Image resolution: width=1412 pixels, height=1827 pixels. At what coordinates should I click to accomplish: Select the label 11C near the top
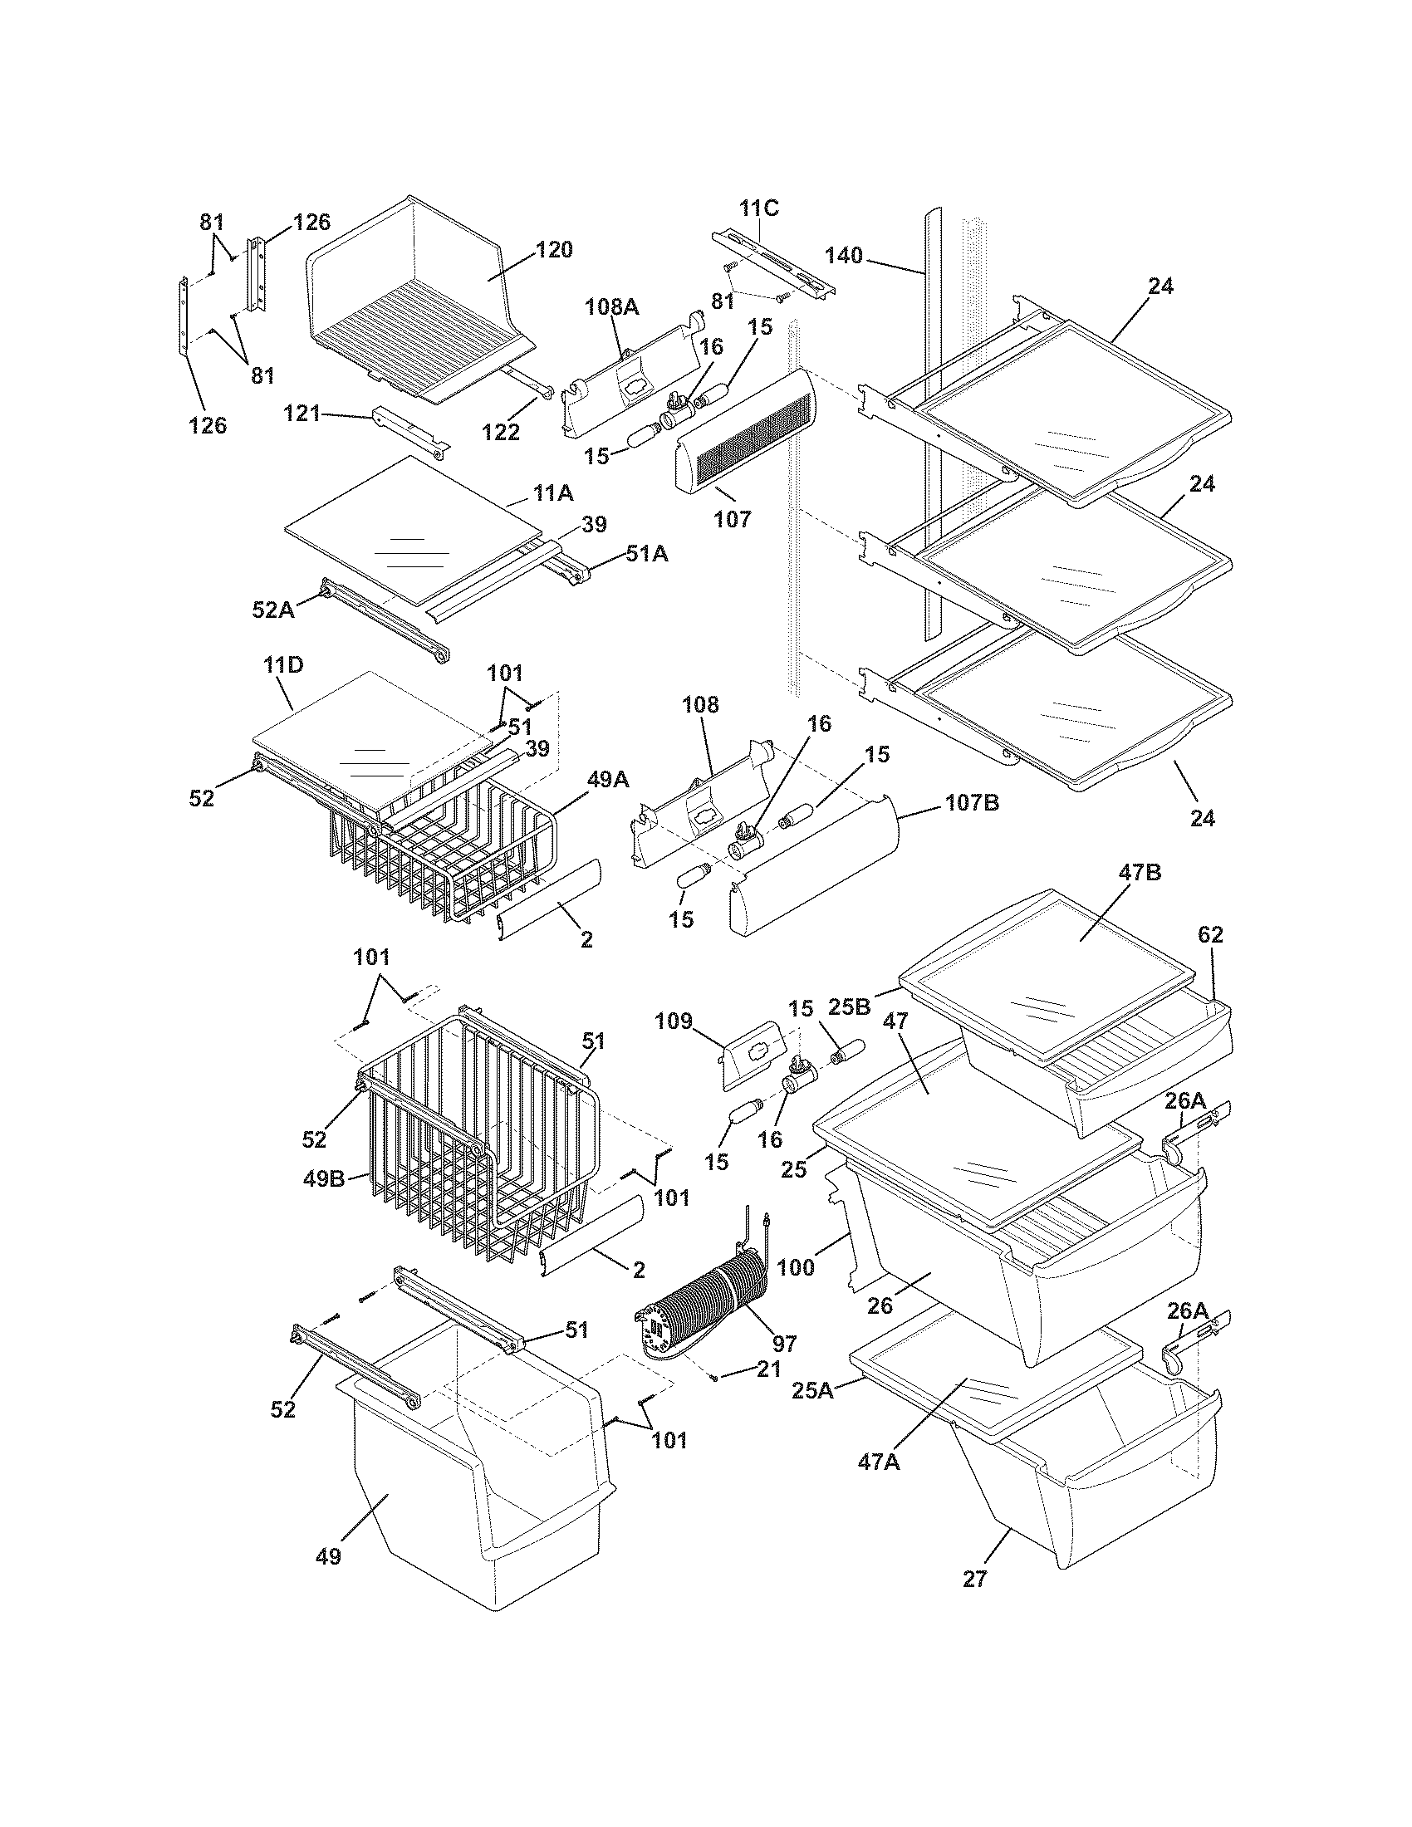point(757,208)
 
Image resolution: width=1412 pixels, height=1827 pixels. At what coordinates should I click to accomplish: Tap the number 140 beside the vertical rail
point(843,255)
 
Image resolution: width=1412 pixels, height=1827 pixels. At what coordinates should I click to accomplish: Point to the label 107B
point(972,803)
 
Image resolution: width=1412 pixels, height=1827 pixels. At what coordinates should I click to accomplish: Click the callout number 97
point(784,1344)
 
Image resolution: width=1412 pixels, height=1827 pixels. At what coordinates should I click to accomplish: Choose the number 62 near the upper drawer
point(1210,935)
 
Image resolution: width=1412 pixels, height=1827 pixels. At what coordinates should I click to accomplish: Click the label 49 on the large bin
point(328,1556)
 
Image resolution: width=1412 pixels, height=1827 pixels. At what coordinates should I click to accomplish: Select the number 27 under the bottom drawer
point(975,1579)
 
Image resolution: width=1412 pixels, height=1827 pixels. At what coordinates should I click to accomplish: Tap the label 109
point(674,1021)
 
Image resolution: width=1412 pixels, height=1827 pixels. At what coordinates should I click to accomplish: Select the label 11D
point(283,667)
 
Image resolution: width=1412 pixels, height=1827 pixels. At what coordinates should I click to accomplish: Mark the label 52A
point(273,610)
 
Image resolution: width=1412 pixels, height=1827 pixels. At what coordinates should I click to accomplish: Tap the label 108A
point(611,307)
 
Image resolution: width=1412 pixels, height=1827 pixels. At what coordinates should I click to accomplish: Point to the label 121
point(302,413)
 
